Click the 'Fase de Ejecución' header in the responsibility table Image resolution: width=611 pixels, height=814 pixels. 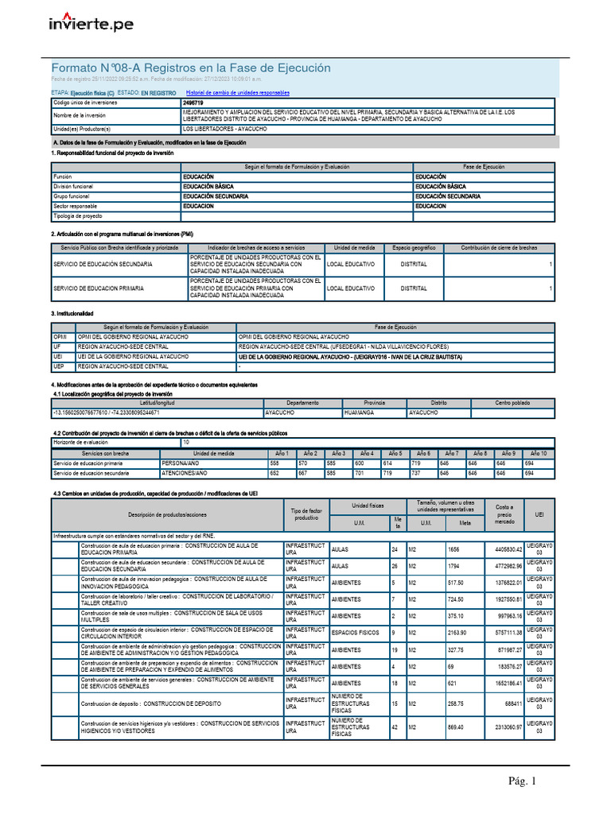tap(484, 167)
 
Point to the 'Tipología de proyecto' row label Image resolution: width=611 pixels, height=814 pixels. tap(77, 215)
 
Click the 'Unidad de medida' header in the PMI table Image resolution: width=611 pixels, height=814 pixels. tap(352, 248)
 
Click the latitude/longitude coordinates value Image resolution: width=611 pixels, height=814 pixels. tap(106, 413)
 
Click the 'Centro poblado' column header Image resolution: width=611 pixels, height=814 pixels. tap(512, 403)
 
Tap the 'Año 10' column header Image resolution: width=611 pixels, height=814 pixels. tap(539, 452)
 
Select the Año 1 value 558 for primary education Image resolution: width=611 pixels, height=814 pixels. tap(275, 463)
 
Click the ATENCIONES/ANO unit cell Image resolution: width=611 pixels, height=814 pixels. tap(185, 473)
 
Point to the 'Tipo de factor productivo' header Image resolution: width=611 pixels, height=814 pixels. tap(305, 515)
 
